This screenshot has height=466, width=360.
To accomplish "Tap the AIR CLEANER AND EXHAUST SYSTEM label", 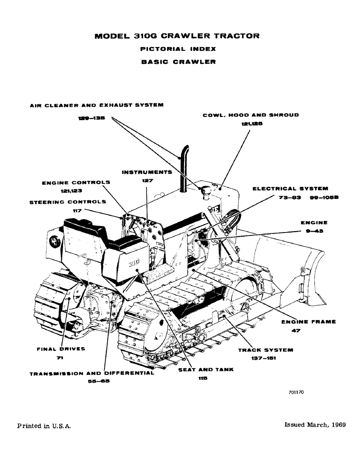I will pyautogui.click(x=97, y=105).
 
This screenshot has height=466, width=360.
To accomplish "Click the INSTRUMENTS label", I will pyautogui.click(x=147, y=172).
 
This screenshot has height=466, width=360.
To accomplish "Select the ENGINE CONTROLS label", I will pyautogui.click(x=76, y=183).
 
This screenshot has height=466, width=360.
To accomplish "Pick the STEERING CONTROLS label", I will pyautogui.click(x=68, y=202).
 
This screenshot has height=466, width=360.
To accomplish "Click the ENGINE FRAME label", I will pyautogui.click(x=308, y=322).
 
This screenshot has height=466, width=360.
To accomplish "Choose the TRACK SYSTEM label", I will pyautogui.click(x=265, y=349).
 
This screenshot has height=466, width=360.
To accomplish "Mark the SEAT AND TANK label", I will pyautogui.click(x=206, y=370).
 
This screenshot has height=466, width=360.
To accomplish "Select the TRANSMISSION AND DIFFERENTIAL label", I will pyautogui.click(x=92, y=373).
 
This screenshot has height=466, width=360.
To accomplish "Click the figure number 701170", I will pyautogui.click(x=296, y=393).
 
